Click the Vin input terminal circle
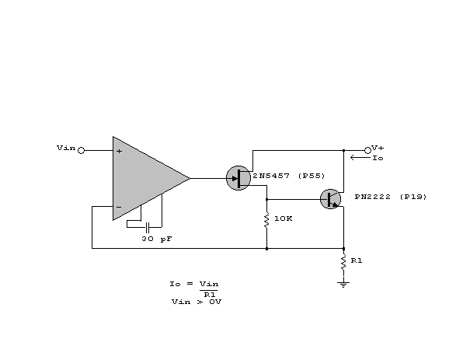tap(82, 150)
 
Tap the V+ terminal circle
tap(367, 150)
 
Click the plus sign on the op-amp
tap(119, 151)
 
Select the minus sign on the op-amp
tap(119, 207)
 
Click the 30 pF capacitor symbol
tap(148, 227)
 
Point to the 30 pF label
tap(157, 239)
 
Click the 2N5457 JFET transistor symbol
tap(238, 178)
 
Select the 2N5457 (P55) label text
tap(289, 176)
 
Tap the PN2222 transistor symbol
tap(330, 199)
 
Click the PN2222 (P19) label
tap(391, 197)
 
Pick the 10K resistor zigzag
tap(266, 220)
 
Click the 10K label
tap(284, 218)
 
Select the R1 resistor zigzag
tap(343, 263)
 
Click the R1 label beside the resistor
tap(357, 260)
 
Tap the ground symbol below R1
tap(343, 285)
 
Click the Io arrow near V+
tap(360, 157)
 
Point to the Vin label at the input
tap(66, 148)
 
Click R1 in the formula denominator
tap(210, 295)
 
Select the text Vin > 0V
tap(197, 302)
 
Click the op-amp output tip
tap(190, 178)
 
